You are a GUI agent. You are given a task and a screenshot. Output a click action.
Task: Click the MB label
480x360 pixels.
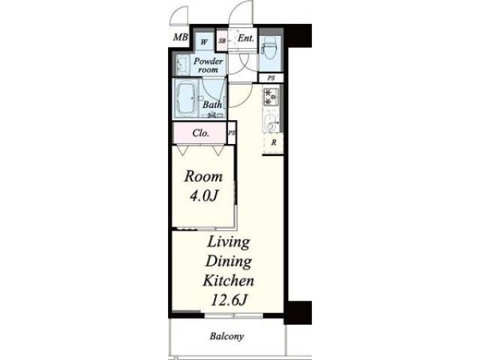tap(181, 37)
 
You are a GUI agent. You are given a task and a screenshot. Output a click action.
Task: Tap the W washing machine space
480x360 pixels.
tap(204, 41)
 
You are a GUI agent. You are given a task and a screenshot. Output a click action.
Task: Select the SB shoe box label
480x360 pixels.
tap(222, 40)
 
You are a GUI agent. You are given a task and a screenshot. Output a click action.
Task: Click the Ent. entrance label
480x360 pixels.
tap(246, 38)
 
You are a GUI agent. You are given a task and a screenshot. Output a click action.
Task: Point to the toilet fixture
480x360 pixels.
tap(270, 49)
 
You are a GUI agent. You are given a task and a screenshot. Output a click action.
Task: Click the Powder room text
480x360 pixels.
tap(208, 65)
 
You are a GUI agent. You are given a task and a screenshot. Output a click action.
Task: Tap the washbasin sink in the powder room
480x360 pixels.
tap(181, 65)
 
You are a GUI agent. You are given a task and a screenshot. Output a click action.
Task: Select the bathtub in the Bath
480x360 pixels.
tap(186, 98)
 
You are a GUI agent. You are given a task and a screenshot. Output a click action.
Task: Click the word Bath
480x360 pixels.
tap(212, 104)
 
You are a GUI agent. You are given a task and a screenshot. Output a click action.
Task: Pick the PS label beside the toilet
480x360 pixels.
tap(271, 78)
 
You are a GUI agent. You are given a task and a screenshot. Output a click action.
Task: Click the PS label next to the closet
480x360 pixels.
tap(232, 133)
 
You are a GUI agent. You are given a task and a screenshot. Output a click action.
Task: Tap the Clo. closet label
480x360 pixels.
tap(201, 133)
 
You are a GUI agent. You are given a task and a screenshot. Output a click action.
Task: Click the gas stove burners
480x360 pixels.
tap(271, 97)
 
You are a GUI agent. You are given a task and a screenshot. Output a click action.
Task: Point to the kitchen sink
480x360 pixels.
tap(271, 120)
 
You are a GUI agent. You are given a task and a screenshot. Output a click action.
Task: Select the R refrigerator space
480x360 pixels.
tap(273, 143)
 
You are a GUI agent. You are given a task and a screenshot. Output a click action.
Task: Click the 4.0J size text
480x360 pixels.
tap(203, 196)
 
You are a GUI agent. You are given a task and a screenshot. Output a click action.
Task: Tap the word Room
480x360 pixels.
tap(203, 177)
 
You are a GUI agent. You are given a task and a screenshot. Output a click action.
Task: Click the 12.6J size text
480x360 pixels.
tap(229, 300)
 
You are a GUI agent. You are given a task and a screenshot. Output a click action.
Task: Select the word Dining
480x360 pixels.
tap(229, 262)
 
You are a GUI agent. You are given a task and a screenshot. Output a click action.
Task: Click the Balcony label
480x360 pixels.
tap(226, 337)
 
